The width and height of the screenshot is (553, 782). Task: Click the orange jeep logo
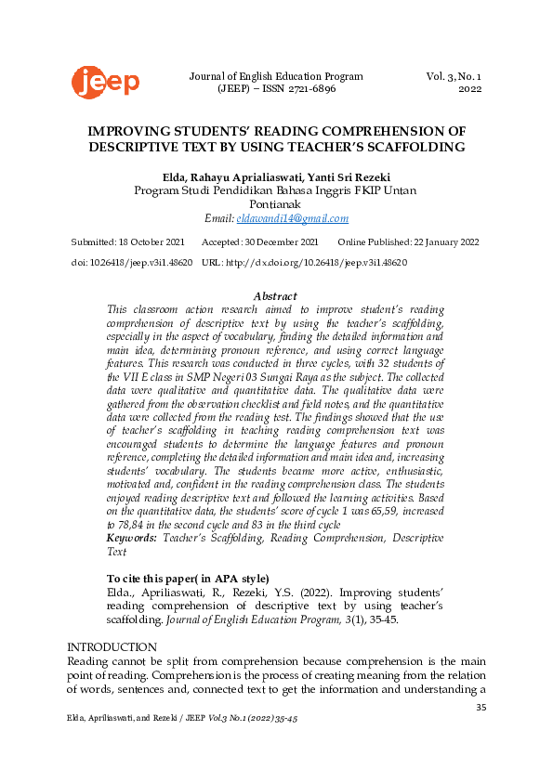(105, 83)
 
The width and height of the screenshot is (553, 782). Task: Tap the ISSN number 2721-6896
(311, 90)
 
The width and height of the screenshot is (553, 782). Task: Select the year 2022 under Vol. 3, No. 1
(470, 90)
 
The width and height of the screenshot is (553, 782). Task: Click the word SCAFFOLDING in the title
(413, 147)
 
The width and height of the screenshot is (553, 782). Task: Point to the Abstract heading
(275, 296)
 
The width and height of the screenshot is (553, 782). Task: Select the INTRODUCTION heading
(112, 646)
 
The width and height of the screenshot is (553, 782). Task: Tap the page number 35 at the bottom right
(481, 709)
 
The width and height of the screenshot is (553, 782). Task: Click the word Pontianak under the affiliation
(275, 204)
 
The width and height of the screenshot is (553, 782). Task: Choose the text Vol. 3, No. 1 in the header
(454, 76)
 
